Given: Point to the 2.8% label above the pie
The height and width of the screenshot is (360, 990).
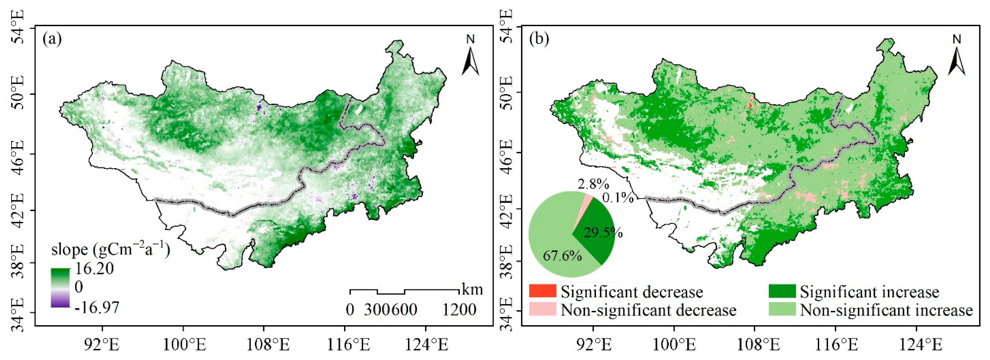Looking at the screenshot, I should (592, 184).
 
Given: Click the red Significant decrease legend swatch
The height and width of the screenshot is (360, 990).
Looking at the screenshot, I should (542, 291).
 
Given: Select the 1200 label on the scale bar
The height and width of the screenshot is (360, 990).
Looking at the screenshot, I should (459, 310).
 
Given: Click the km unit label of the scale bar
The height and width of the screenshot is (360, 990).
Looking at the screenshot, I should (472, 289).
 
